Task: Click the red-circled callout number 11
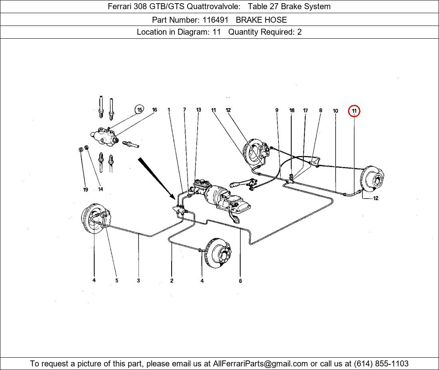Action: tap(354, 111)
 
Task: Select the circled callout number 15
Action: tap(139, 110)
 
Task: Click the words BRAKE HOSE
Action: tap(261, 20)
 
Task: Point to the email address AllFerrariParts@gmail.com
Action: tap(261, 364)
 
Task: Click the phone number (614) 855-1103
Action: tap(381, 364)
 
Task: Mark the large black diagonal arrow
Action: tap(156, 177)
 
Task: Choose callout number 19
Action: tap(85, 190)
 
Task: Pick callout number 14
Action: tap(100, 189)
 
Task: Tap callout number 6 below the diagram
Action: tap(240, 281)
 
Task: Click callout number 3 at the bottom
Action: tap(138, 281)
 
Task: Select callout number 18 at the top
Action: tap(292, 110)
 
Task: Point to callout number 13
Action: tap(198, 110)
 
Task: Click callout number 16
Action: tap(154, 110)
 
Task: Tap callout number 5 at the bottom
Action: tap(117, 281)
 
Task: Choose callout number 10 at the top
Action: tap(335, 111)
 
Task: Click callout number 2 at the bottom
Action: tap(172, 281)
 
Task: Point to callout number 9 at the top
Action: tap(277, 110)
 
